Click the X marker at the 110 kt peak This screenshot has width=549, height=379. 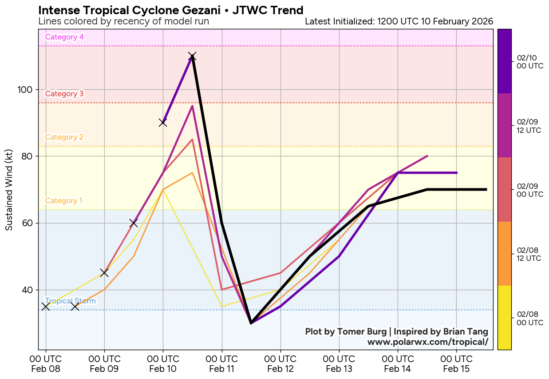pyautogui.click(x=192, y=56)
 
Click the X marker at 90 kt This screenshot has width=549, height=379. pyautogui.click(x=163, y=123)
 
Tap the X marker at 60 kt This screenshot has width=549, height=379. pyautogui.click(x=134, y=223)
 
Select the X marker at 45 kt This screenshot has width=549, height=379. pyautogui.click(x=104, y=272)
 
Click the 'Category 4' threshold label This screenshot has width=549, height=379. pyautogui.click(x=64, y=37)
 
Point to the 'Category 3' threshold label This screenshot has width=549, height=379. pyautogui.click(x=64, y=94)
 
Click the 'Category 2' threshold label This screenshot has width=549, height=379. pyautogui.click(x=64, y=137)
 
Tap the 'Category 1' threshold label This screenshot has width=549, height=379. pyautogui.click(x=64, y=201)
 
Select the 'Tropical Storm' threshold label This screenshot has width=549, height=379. pyautogui.click(x=71, y=301)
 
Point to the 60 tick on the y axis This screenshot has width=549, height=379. pyautogui.click(x=28, y=223)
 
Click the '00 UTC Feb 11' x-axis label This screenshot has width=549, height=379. pyautogui.click(x=221, y=363)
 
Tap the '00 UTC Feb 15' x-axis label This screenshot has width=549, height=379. pyautogui.click(x=456, y=363)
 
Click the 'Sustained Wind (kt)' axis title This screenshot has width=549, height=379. pyautogui.click(x=9, y=190)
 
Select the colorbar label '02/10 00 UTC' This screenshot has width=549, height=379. pyautogui.click(x=530, y=62)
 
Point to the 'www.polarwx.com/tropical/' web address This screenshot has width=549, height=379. pyautogui.click(x=428, y=342)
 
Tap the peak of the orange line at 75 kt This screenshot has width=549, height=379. pyautogui.click(x=192, y=172)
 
